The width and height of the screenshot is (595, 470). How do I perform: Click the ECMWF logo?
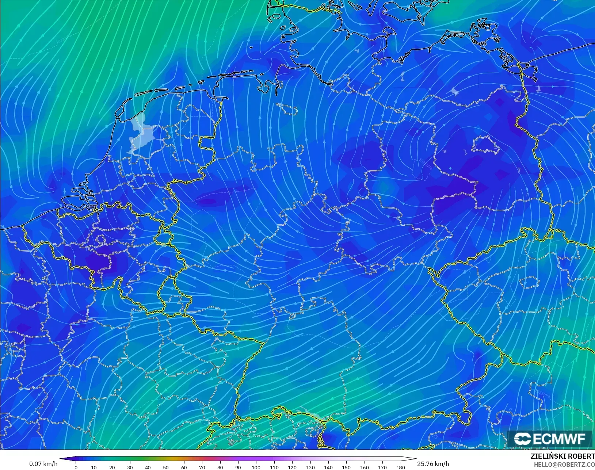(549, 439)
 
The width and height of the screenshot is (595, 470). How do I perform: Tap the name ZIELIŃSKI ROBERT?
(562, 456)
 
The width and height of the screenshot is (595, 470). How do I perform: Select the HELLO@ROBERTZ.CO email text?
(564, 465)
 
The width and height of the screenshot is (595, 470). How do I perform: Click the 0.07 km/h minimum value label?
(43, 464)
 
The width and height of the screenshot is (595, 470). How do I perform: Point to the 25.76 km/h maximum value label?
(433, 464)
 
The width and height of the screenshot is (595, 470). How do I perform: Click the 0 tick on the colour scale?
(76, 467)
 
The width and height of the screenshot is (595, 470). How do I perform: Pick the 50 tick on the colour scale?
(166, 467)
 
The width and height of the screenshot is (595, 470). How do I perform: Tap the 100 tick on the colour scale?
(256, 467)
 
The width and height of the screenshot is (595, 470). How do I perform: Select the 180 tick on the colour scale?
(400, 467)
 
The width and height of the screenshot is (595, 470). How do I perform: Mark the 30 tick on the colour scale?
(130, 467)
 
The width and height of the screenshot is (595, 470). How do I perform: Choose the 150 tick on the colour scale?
(346, 467)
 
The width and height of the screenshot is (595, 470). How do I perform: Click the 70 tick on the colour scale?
(202, 467)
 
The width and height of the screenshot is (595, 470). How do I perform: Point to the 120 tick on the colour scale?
(292, 467)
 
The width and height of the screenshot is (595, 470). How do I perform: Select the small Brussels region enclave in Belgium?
(101, 240)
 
